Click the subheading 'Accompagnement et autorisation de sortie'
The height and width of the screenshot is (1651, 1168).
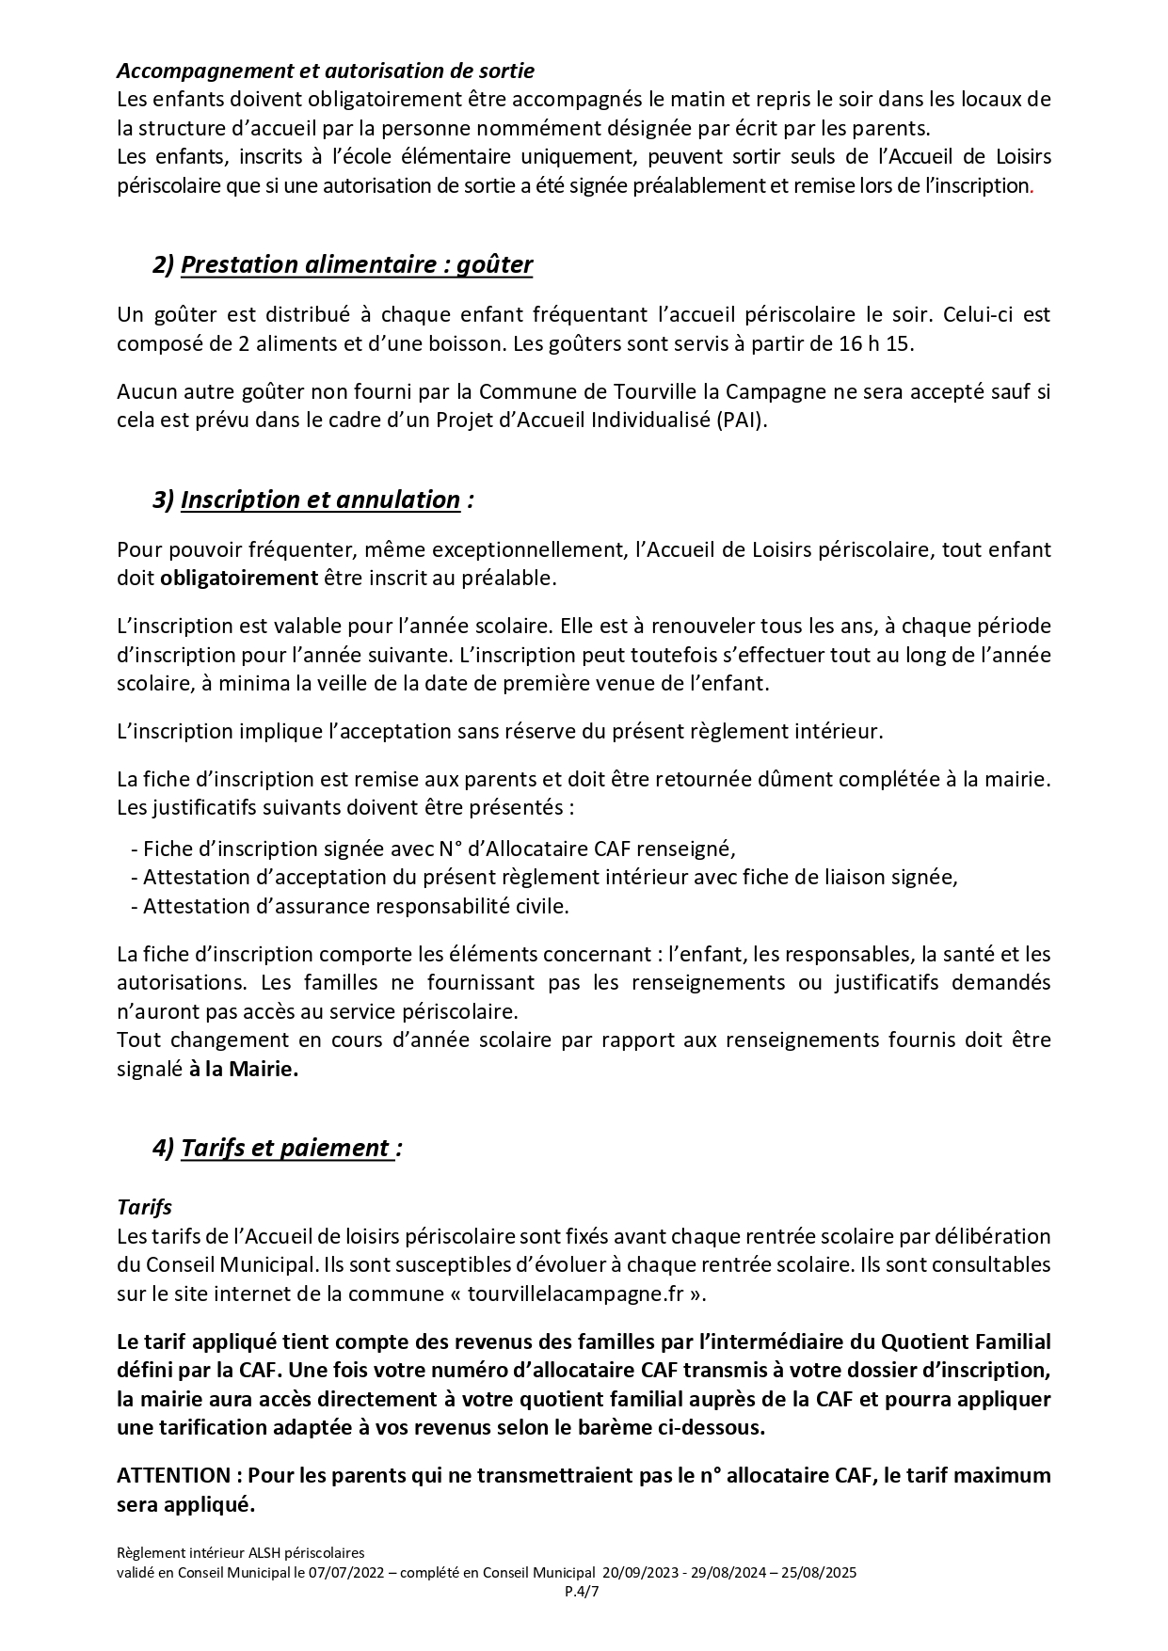pyautogui.click(x=326, y=71)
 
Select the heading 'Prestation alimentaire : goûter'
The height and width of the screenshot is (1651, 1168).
pyautogui.click(x=356, y=265)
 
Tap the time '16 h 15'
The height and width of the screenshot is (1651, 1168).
pyautogui.click(x=875, y=343)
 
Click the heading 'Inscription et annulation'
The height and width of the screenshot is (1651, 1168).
pyautogui.click(x=320, y=500)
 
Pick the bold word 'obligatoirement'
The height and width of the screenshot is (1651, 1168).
pyautogui.click(x=239, y=579)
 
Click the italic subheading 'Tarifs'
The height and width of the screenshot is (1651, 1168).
pyautogui.click(x=144, y=1207)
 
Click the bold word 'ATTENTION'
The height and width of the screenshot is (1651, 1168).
pyautogui.click(x=173, y=1475)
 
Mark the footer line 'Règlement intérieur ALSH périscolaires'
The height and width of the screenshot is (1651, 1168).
pyautogui.click(x=240, y=1553)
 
